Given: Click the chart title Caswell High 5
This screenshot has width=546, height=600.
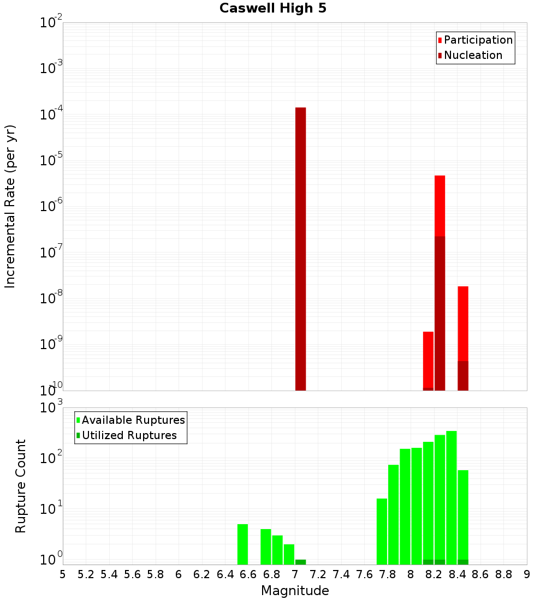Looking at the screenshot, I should (272, 8).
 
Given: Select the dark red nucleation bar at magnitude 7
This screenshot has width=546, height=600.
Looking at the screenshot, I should (300, 248).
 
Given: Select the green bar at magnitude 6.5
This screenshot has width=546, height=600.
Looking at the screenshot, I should (242, 544).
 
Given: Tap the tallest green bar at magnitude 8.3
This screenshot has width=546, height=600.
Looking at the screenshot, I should (452, 496).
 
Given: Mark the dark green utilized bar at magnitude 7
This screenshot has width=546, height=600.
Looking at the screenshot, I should (300, 562).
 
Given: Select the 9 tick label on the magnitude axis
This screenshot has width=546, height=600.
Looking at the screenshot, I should (527, 574).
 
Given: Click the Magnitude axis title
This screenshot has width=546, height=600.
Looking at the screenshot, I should (295, 591).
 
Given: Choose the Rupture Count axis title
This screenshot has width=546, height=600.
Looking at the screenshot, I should (21, 486).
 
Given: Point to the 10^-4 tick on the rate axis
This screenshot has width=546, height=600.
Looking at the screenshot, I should (51, 115).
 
